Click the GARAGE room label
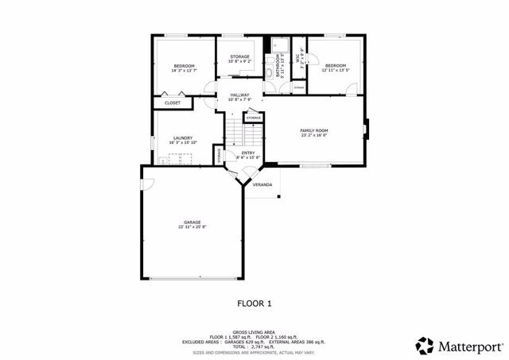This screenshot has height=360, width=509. tap(192, 222)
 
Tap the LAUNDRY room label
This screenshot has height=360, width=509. tap(183, 138)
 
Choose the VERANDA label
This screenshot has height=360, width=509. tap(262, 184)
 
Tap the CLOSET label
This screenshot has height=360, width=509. tap(173, 103)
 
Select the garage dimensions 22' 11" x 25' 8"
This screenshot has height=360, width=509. tap(192, 227)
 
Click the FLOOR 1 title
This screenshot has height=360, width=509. tap(254, 303)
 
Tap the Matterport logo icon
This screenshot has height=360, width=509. tap(425, 345)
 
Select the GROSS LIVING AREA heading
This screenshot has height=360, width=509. tap(254, 331)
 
